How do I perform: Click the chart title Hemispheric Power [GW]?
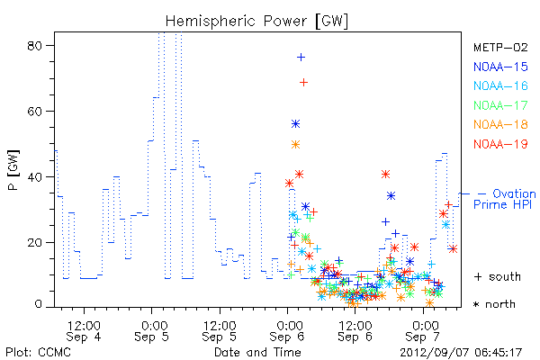click(x=256, y=22)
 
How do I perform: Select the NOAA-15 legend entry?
click(x=500, y=67)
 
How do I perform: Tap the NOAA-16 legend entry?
click(x=500, y=85)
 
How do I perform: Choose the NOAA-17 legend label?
click(x=500, y=105)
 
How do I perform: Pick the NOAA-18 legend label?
click(x=500, y=124)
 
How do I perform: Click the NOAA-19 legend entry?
click(x=500, y=144)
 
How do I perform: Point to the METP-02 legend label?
click(x=500, y=47)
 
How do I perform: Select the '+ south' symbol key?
click(x=498, y=276)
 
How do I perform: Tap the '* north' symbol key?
click(x=494, y=304)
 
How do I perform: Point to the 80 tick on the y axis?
click(x=34, y=46)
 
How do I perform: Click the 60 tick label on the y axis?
click(x=34, y=112)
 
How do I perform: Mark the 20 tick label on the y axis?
click(x=34, y=242)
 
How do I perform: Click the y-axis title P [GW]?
click(x=13, y=170)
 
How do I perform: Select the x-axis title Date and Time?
click(x=257, y=352)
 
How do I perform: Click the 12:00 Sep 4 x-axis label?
click(x=84, y=331)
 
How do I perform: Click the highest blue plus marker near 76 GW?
click(x=301, y=58)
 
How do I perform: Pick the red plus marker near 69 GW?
click(x=303, y=82)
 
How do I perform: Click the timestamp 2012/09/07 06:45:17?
click(x=461, y=352)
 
